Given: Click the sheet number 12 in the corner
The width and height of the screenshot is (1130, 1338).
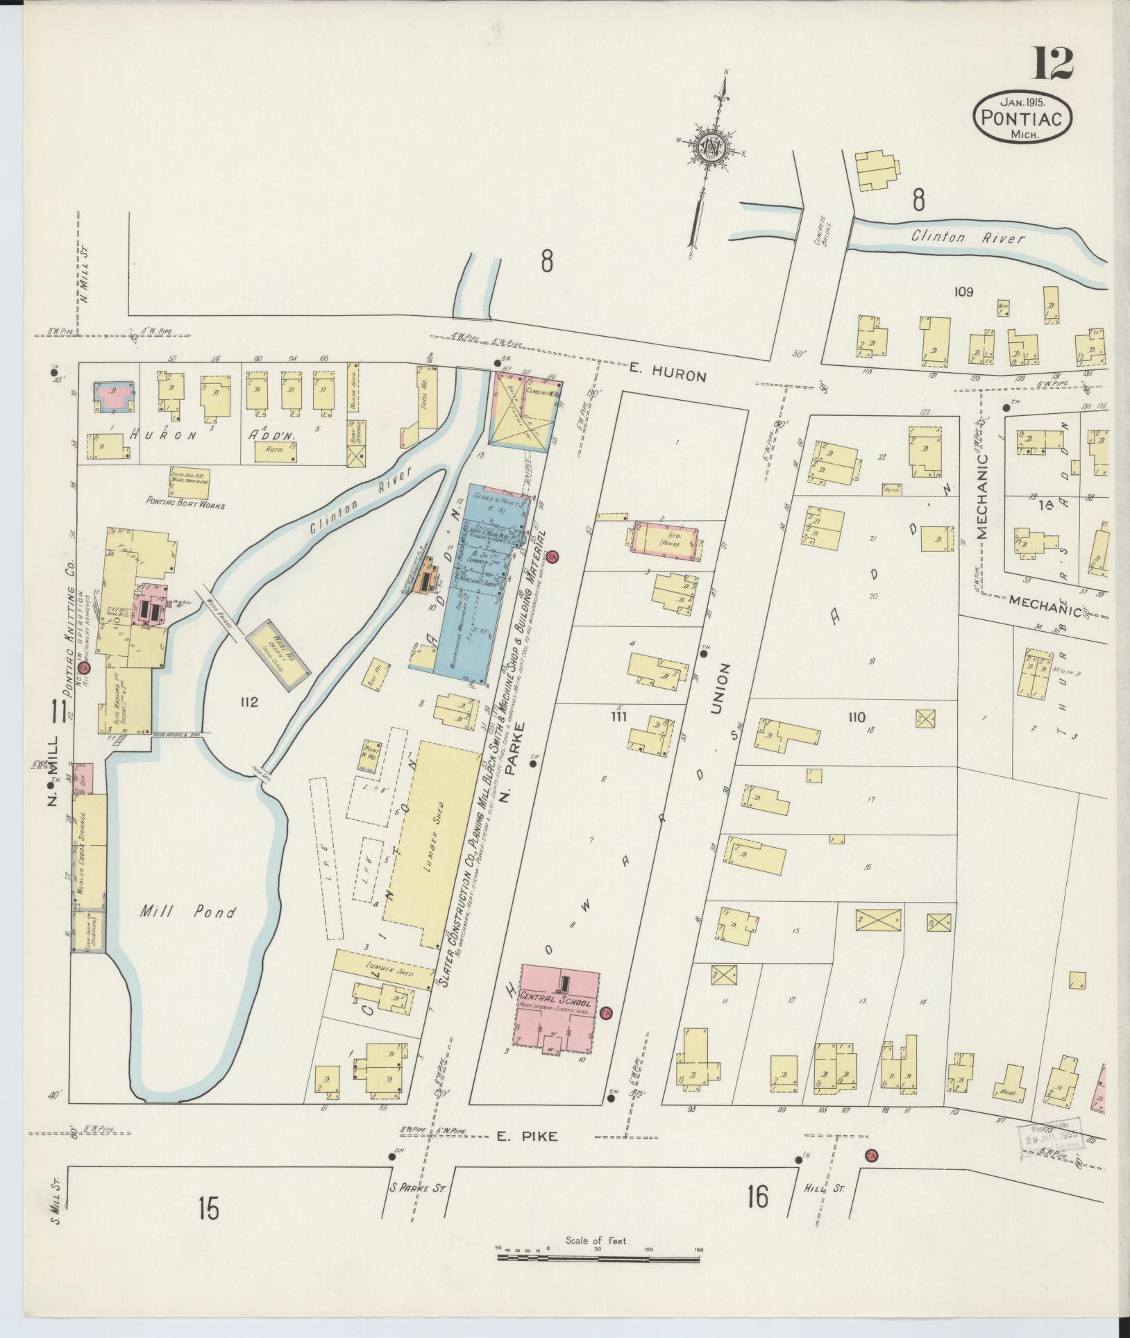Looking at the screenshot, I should pos(1054,64).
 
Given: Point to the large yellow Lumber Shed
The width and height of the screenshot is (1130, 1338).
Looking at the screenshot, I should pos(432,842).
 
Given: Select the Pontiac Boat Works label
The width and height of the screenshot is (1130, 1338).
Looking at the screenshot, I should pos(185,505).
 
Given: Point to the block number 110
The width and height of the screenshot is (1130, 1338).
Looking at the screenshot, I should pos(857,717).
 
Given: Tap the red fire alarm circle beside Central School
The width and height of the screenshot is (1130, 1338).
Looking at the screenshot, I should pos(606,1032).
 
